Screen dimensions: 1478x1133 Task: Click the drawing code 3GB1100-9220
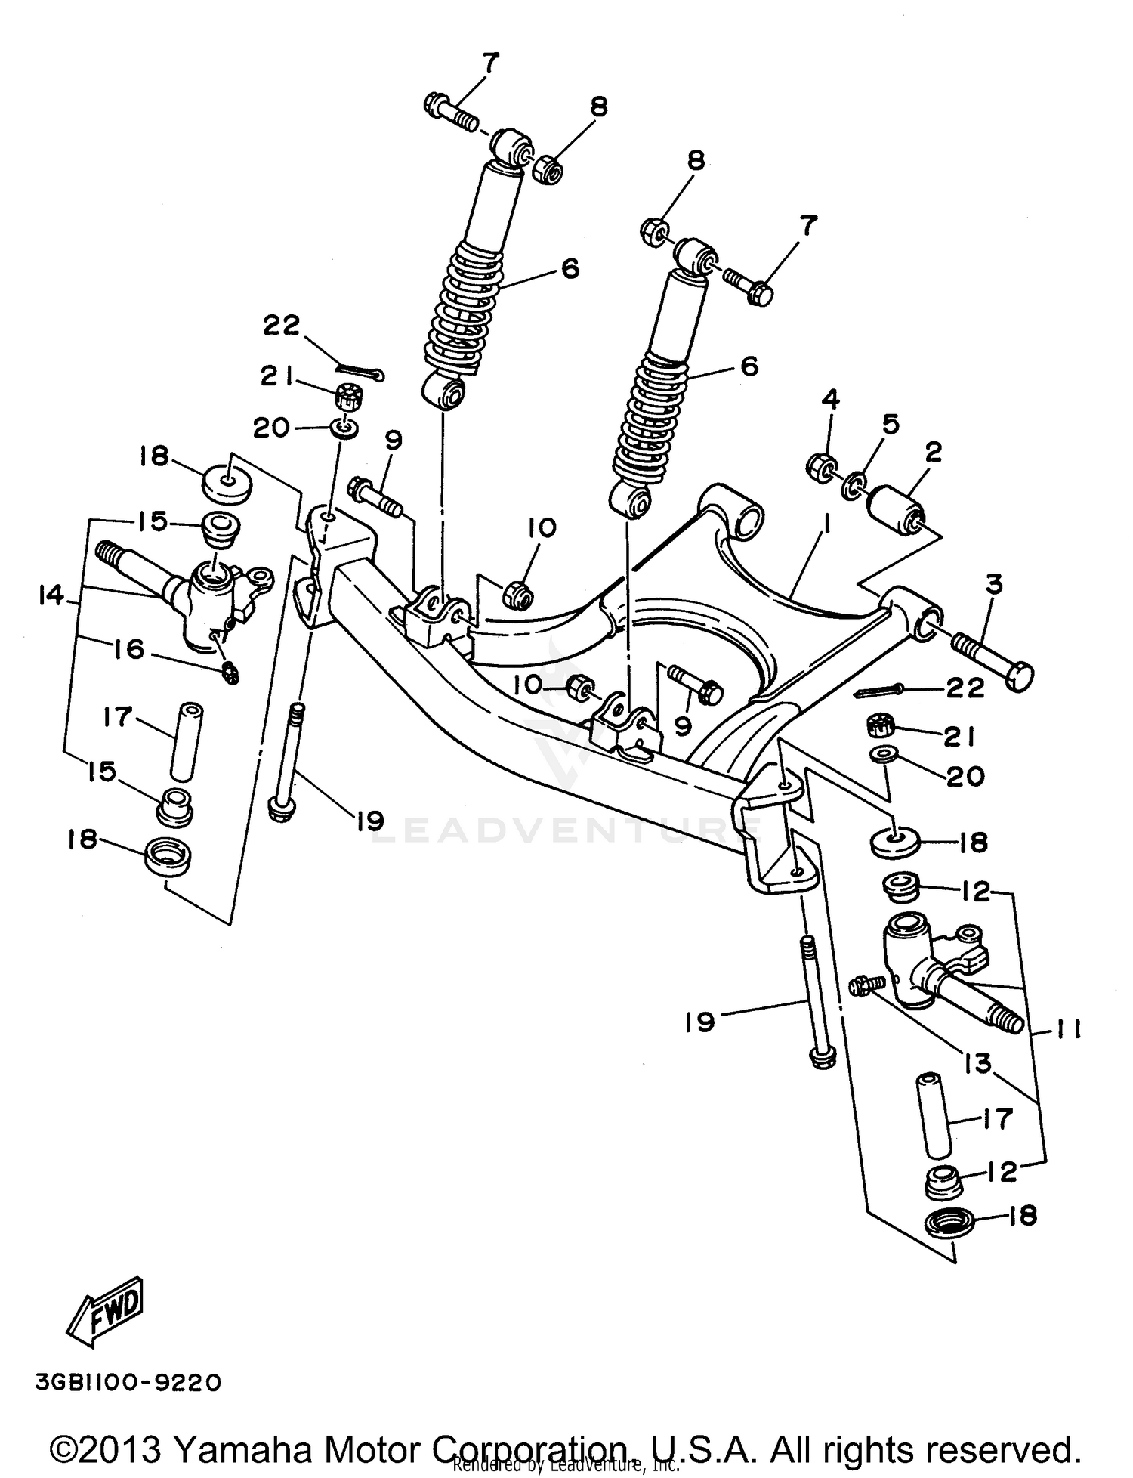[x=128, y=1383]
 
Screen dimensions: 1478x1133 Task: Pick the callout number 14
[x=51, y=597]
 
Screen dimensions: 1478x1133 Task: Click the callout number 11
[x=1067, y=1030]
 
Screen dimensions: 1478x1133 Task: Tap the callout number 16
[x=130, y=648]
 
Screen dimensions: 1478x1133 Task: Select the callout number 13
[x=977, y=1064]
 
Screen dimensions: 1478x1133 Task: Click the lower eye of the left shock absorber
[x=446, y=393]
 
